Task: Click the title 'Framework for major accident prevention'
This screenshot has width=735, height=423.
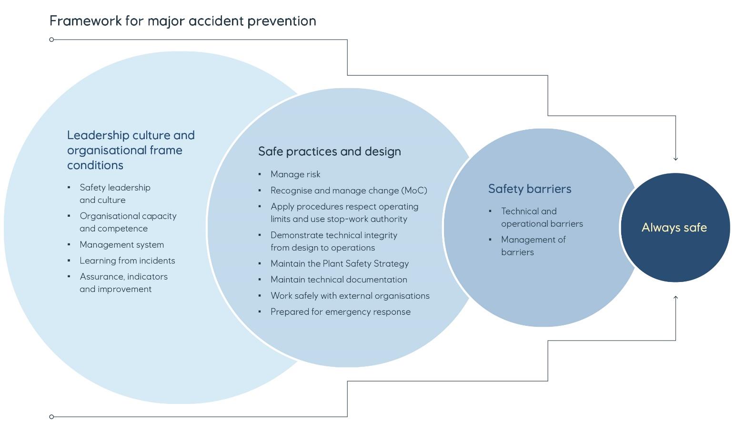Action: [x=182, y=21]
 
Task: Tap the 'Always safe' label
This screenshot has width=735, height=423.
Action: [x=674, y=227]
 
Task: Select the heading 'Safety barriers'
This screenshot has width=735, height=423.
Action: [x=529, y=189]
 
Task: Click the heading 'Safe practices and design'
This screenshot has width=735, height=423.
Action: [x=329, y=151]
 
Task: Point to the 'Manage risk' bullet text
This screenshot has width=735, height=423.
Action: [x=295, y=174]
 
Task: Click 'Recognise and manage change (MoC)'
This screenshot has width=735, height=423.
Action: [x=349, y=191]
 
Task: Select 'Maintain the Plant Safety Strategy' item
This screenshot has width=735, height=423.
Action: [x=339, y=263]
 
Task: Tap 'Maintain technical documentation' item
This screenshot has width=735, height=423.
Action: [x=339, y=280]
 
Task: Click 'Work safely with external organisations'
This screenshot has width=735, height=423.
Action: [x=350, y=296]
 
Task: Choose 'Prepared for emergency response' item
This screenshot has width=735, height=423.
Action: [x=340, y=312]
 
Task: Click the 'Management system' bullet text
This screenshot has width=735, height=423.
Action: [x=121, y=245]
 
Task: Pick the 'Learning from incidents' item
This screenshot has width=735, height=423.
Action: [x=127, y=261]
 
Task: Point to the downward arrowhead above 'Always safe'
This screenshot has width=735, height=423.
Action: [x=675, y=158]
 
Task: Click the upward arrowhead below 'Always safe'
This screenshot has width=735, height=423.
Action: [x=675, y=298]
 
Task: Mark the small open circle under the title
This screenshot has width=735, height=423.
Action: [x=52, y=40]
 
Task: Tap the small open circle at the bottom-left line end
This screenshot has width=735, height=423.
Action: [x=52, y=417]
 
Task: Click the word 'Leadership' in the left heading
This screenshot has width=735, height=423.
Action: [x=98, y=135]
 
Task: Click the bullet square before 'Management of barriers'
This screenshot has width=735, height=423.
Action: [x=490, y=240]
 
